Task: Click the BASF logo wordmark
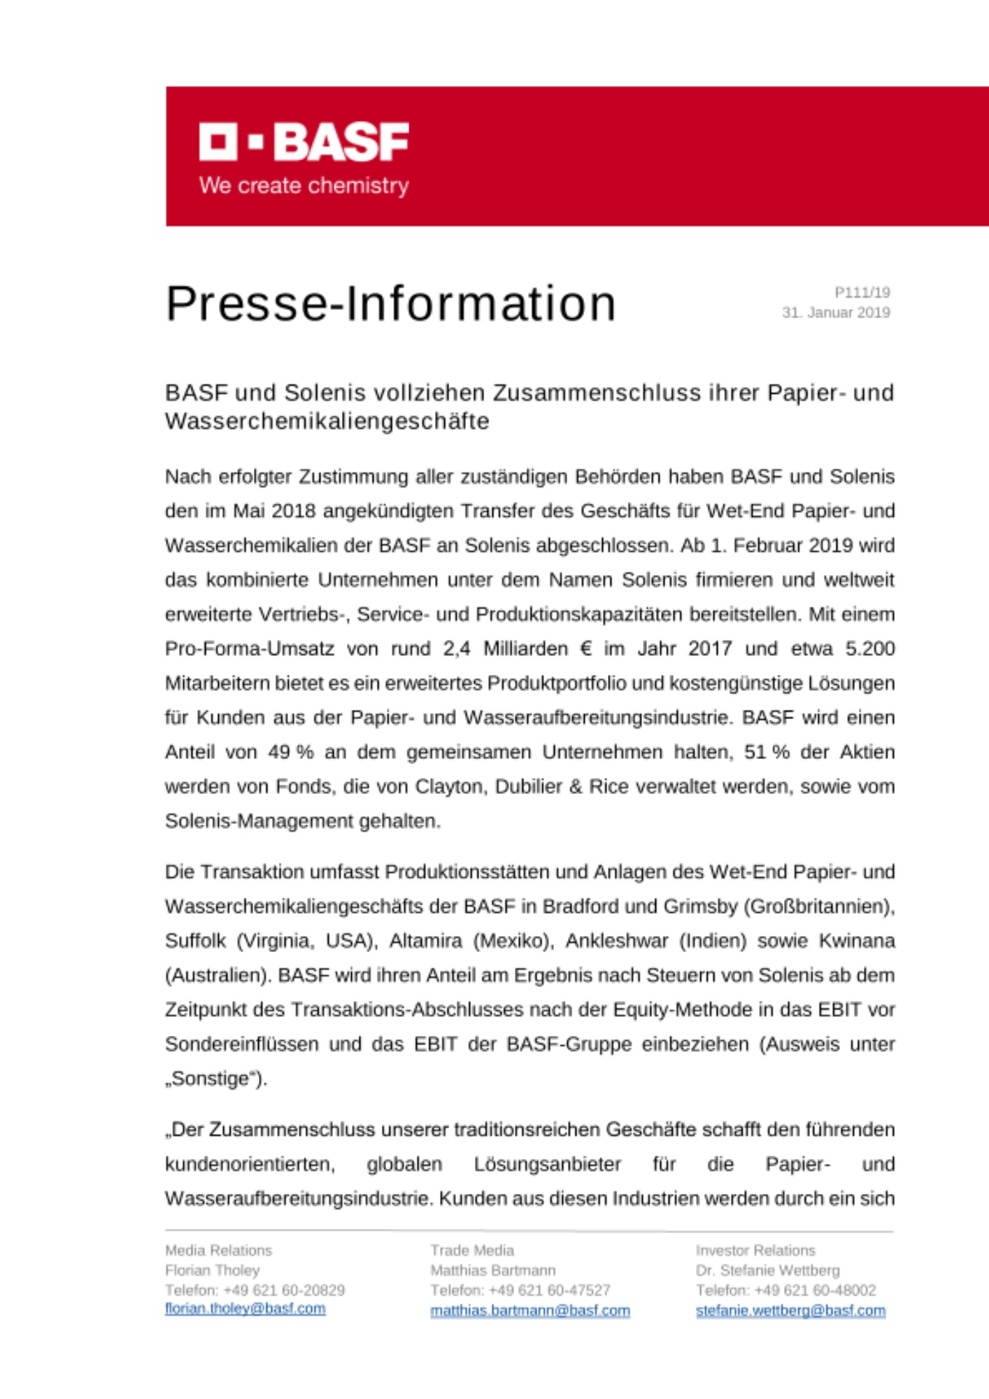click(x=304, y=142)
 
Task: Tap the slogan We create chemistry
click(x=304, y=186)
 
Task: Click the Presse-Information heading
click(x=390, y=304)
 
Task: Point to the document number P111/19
click(x=862, y=292)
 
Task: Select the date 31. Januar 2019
click(x=836, y=313)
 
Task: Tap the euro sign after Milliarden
click(x=586, y=649)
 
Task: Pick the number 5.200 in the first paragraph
click(x=869, y=649)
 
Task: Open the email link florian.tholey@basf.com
click(x=245, y=1309)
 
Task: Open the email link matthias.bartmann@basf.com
click(x=530, y=1311)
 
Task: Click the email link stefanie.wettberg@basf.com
click(x=790, y=1311)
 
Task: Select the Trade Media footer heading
click(x=472, y=1251)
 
